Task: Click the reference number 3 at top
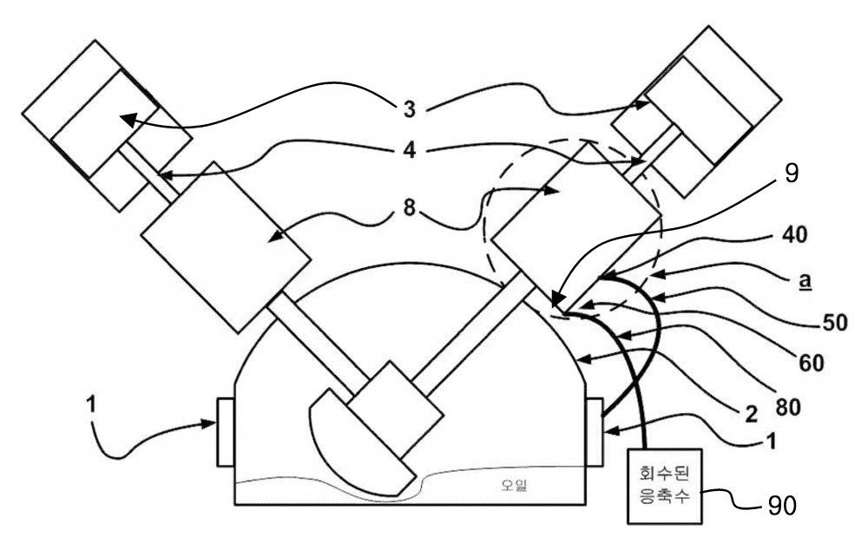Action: pos(409,109)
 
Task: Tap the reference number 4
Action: pos(409,150)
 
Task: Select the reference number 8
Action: pos(409,210)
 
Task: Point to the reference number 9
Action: pos(792,174)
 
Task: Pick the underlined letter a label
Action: pos(806,281)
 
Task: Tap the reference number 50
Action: pos(835,322)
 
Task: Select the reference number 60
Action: pos(811,363)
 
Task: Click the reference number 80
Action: pos(789,407)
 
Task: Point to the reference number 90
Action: pos(782,505)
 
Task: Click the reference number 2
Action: pos(751,413)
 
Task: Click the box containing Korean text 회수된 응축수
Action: pos(664,486)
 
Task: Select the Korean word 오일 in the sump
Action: pos(514,485)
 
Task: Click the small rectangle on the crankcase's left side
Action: pos(226,432)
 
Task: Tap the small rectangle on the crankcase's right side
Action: pos(594,432)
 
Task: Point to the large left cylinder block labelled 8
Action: pos(225,246)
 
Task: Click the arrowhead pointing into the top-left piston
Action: pos(128,119)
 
